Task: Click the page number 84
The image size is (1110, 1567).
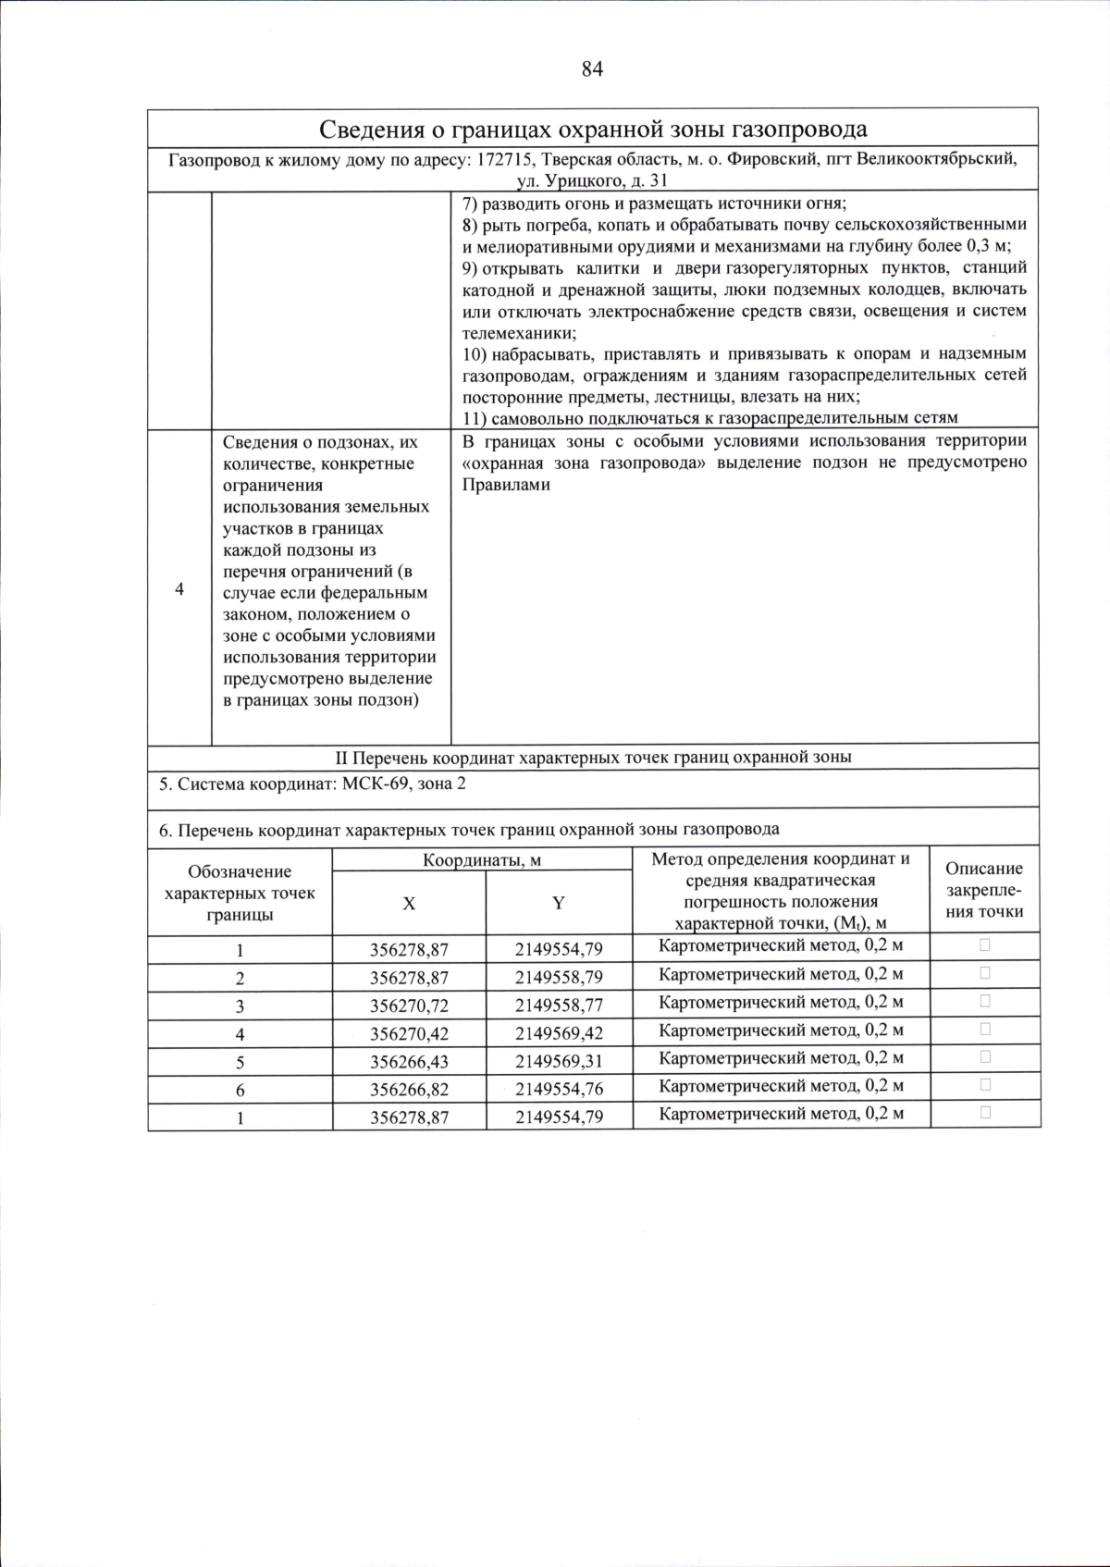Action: (x=592, y=69)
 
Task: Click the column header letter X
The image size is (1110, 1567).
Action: (x=409, y=904)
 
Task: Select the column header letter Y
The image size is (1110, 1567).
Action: (x=559, y=904)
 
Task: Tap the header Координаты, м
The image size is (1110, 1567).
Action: (x=481, y=860)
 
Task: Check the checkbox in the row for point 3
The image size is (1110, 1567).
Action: (x=985, y=1001)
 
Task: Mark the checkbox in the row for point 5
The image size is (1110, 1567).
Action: (x=985, y=1056)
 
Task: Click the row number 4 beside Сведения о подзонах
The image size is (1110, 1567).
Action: (x=179, y=589)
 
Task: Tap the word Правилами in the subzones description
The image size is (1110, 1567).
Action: (x=505, y=485)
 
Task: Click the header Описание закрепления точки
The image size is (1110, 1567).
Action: (x=984, y=890)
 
